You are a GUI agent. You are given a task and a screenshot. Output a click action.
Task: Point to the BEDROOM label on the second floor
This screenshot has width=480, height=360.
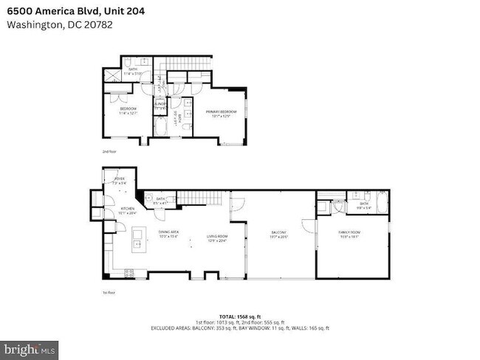(128, 111)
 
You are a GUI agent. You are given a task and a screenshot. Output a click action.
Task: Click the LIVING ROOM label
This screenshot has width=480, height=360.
(216, 238)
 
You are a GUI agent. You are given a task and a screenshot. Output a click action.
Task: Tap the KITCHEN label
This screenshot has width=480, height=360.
(128, 210)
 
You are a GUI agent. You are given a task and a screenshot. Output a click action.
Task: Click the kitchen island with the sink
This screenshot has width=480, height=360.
(137, 241)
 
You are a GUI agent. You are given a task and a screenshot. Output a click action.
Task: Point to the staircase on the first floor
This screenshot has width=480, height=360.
(203, 198)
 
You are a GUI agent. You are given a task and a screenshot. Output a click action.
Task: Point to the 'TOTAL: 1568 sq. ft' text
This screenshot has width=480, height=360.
(240, 316)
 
